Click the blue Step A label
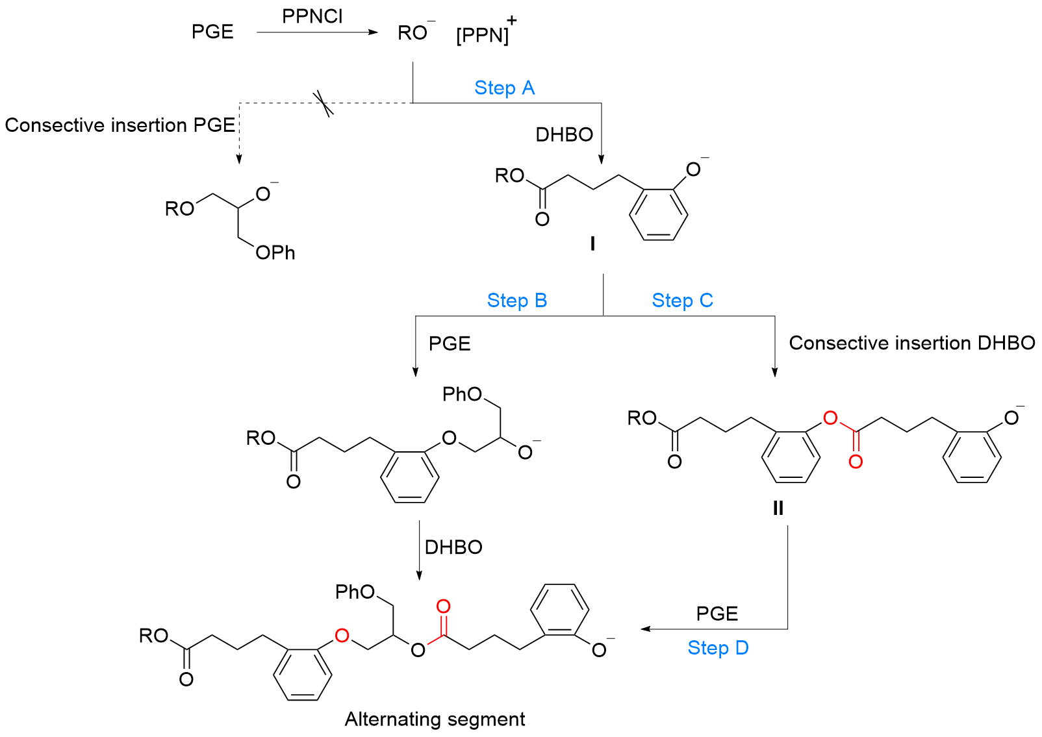(x=504, y=88)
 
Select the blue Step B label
(x=517, y=301)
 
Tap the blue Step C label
(x=682, y=301)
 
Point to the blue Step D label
(x=718, y=648)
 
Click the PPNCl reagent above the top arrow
(x=312, y=16)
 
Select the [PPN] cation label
(x=483, y=34)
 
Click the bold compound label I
(x=592, y=244)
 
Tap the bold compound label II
(x=778, y=508)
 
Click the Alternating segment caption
(x=435, y=719)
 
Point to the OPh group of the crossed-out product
(x=275, y=253)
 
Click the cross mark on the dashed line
(x=323, y=103)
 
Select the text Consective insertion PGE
(x=120, y=125)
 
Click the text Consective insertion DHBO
(x=911, y=343)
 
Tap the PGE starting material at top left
(x=212, y=32)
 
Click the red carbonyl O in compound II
(x=856, y=462)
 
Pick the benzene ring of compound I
(x=658, y=214)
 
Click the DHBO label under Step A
(x=564, y=134)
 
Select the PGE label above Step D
(x=717, y=614)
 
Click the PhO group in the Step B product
(x=462, y=394)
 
